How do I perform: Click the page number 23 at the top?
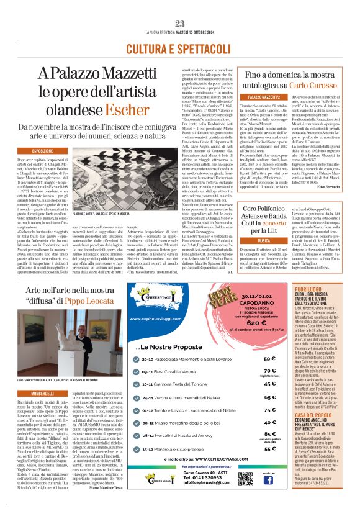coord(180,24)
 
